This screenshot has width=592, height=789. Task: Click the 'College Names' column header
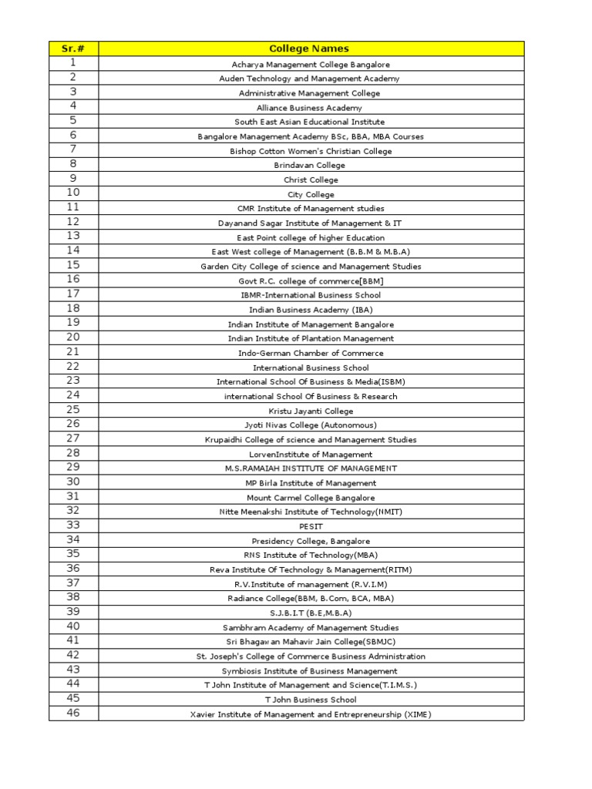click(311, 49)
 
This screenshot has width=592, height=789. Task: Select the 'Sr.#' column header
click(73, 49)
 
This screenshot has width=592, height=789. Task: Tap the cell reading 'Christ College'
click(311, 180)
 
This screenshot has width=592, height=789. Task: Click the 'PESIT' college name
click(311, 526)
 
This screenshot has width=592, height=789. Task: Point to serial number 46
click(73, 713)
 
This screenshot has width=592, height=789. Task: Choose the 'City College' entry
click(311, 194)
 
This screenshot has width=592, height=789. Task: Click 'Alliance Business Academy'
click(311, 108)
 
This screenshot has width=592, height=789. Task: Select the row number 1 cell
click(73, 62)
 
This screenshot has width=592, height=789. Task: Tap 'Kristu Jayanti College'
click(311, 411)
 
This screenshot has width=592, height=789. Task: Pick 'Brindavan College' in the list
click(311, 165)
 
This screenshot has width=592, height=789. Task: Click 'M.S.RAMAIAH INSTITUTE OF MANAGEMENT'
click(311, 468)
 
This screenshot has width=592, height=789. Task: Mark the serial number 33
click(73, 525)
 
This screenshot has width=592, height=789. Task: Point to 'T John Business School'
click(311, 700)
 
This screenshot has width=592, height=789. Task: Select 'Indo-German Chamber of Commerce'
click(311, 353)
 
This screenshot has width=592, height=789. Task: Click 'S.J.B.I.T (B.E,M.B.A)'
click(311, 613)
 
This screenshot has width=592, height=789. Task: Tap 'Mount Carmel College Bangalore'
click(311, 497)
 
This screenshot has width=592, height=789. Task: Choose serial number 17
click(73, 294)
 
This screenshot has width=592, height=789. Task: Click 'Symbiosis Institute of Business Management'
click(311, 670)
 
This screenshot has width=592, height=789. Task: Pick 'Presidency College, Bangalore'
click(311, 541)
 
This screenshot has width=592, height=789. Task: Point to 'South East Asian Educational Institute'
click(311, 122)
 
